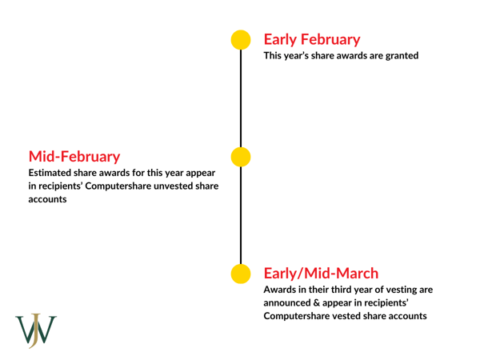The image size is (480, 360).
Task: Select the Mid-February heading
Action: coord(75,154)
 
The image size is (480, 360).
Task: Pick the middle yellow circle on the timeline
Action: coord(241,157)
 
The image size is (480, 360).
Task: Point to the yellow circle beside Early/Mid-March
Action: coord(241,274)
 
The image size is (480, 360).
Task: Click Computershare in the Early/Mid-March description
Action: coord(304,318)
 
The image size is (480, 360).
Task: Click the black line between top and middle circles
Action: coord(241,98)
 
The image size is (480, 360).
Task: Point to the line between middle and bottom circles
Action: coord(241,214)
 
